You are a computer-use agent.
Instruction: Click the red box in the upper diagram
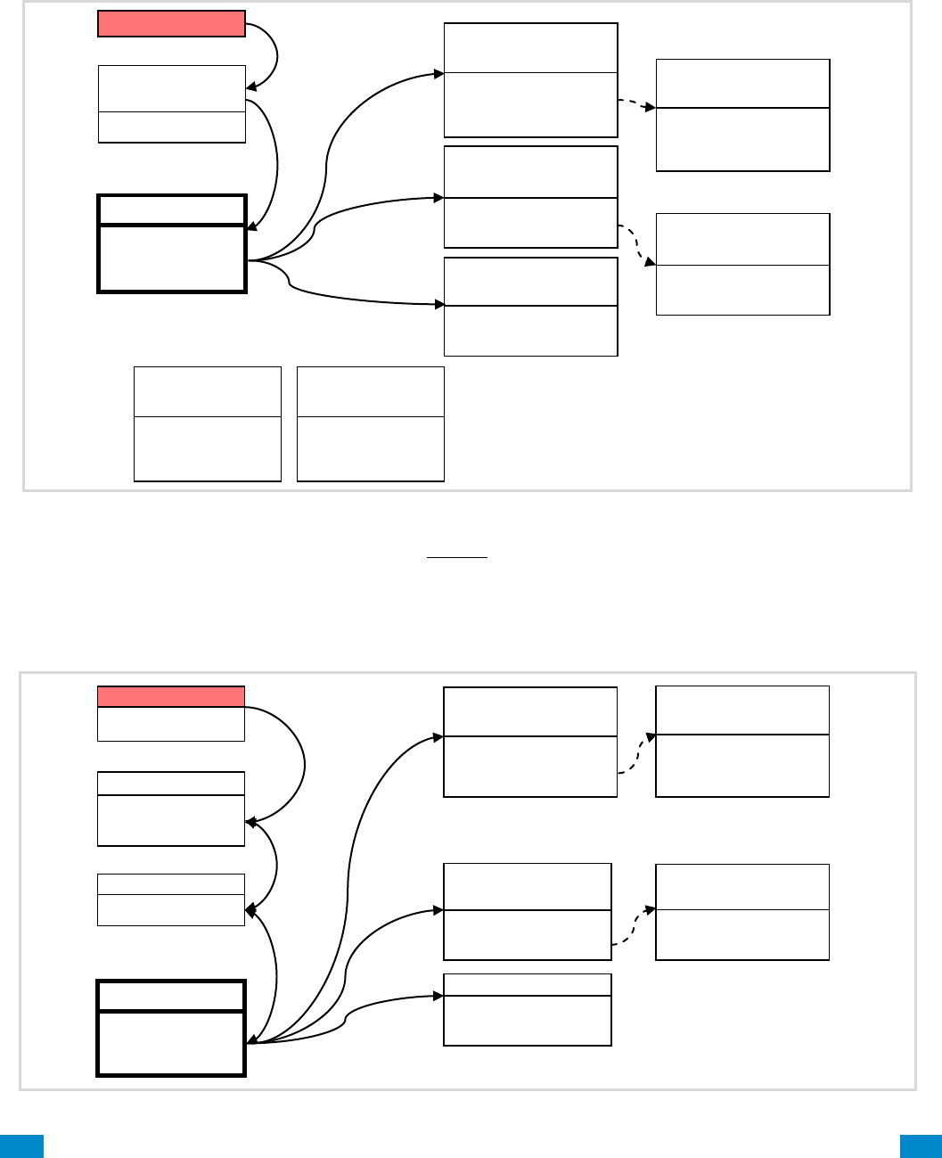171,24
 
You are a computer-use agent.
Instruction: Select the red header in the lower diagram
170,696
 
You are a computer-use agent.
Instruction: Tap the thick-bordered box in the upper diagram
172,243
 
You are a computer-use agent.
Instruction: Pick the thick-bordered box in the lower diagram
171,1028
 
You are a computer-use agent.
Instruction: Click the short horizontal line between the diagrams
457,557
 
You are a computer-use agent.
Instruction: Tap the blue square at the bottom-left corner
21,1146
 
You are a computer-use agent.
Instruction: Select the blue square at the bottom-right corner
921,1146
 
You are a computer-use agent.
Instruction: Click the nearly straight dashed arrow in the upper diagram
636,103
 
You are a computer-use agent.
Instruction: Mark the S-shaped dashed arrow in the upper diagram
637,242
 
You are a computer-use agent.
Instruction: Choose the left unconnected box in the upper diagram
208,423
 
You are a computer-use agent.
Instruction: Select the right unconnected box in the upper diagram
371,423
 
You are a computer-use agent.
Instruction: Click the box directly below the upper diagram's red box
171,103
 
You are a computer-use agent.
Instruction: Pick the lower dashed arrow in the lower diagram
634,927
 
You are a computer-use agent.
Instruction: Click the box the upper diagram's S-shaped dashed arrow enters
742,264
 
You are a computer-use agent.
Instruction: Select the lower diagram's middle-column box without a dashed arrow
528,1009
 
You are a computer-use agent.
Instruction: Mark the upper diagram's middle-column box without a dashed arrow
530,307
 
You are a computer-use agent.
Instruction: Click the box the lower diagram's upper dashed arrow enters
742,741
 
